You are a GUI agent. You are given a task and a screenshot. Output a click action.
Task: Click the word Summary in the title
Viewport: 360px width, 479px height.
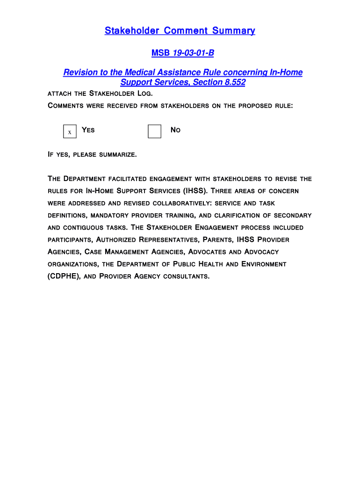coord(233,31)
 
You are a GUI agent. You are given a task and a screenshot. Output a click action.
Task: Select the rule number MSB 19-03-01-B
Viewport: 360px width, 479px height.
coord(182,53)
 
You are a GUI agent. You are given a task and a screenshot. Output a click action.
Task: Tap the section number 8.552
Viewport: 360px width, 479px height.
coord(235,82)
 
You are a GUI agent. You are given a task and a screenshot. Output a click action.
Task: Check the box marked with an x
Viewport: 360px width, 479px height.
coord(70,132)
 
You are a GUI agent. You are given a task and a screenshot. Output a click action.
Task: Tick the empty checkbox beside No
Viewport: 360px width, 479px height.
coord(154,131)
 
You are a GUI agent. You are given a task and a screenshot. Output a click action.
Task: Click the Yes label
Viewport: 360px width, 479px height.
coord(88,130)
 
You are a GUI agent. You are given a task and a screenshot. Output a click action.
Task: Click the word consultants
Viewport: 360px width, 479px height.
coord(186,276)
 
